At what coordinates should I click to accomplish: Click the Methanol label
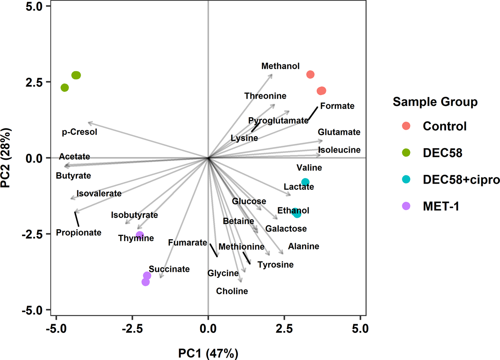(x=280, y=66)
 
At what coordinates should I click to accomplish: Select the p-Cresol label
(x=80, y=132)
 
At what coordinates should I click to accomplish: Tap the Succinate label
(x=169, y=269)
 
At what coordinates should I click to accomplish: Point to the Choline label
(x=232, y=291)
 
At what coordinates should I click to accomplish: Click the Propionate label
(x=79, y=232)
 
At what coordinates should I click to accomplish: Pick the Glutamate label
(x=339, y=132)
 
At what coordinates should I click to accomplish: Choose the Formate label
(x=337, y=106)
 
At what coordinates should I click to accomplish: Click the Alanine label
(x=303, y=246)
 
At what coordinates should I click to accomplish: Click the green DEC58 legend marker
(x=406, y=153)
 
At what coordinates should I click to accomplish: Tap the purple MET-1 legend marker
(x=406, y=206)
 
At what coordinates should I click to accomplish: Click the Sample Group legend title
(x=435, y=102)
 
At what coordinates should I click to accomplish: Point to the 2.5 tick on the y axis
(x=40, y=82)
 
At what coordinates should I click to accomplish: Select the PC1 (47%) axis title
(x=208, y=354)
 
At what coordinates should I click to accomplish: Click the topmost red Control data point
(x=310, y=74)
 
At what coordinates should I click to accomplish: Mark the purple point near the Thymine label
(x=140, y=235)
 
